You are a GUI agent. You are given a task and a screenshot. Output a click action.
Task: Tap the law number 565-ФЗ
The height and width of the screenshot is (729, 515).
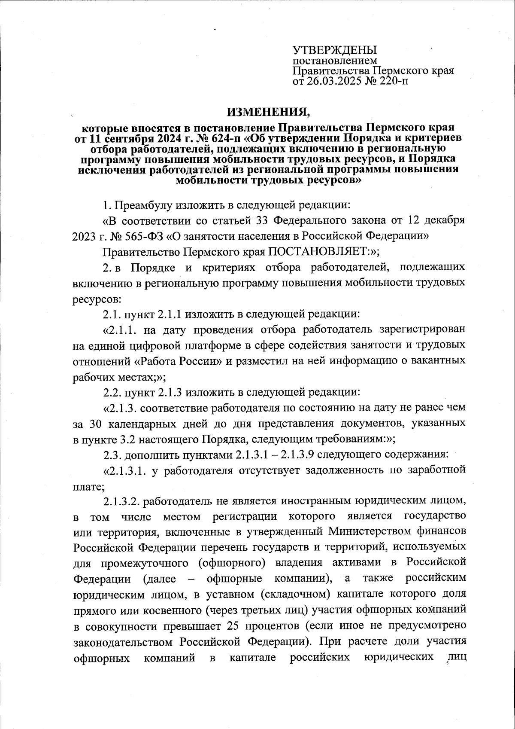coord(144,236)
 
